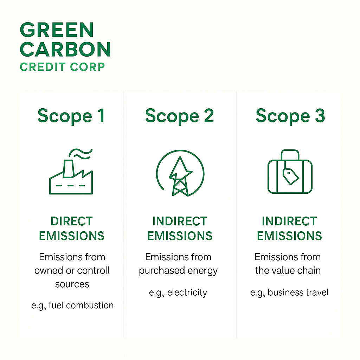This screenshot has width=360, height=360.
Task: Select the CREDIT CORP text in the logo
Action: (x=63, y=66)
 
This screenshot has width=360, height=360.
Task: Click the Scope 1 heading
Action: (x=71, y=116)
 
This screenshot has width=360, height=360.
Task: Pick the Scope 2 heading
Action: (x=179, y=116)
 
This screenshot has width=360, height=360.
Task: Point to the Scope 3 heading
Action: (x=290, y=116)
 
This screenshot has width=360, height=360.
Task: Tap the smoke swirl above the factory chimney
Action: (x=81, y=154)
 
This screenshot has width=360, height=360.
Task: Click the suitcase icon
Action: (x=290, y=174)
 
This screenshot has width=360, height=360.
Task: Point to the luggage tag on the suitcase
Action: (x=291, y=175)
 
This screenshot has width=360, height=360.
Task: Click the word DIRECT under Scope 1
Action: (x=72, y=221)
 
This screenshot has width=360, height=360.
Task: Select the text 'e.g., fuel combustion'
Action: (x=72, y=305)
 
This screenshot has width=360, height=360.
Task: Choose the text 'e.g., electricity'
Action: (x=178, y=292)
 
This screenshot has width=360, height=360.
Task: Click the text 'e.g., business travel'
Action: (x=289, y=292)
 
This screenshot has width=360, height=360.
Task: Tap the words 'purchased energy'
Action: (x=178, y=271)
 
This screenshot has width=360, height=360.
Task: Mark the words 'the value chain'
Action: (x=288, y=270)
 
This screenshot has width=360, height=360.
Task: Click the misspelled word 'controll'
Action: (x=94, y=271)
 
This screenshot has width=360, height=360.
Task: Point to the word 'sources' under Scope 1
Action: (x=72, y=284)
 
